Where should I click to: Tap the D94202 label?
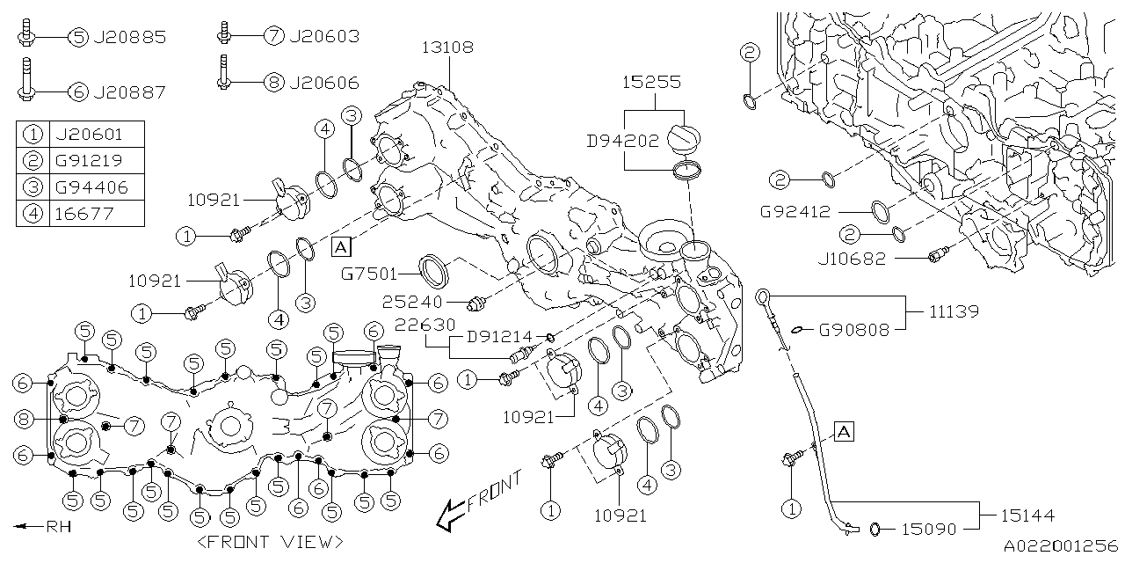click(623, 139)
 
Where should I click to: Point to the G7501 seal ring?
click(434, 271)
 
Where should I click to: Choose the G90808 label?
click(854, 330)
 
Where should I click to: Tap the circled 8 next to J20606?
click(273, 83)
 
